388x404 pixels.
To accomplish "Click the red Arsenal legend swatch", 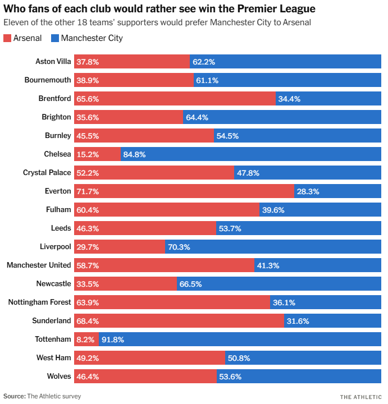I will click(7, 39).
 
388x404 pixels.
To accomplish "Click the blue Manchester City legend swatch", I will click(54, 39).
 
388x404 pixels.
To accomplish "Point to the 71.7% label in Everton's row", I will click(88, 191).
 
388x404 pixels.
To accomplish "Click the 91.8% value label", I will click(112, 339).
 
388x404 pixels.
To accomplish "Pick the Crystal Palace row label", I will click(47, 173).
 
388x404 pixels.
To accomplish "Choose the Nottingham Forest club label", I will click(40, 302).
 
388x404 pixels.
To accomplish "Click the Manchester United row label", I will click(39, 265).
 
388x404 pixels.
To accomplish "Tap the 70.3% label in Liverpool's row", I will click(179, 247).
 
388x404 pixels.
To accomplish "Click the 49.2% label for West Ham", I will click(88, 358).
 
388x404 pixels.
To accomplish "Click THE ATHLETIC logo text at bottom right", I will click(361, 397).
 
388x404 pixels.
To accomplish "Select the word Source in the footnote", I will click(14, 396).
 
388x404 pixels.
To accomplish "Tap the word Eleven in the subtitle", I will click(15, 23).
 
